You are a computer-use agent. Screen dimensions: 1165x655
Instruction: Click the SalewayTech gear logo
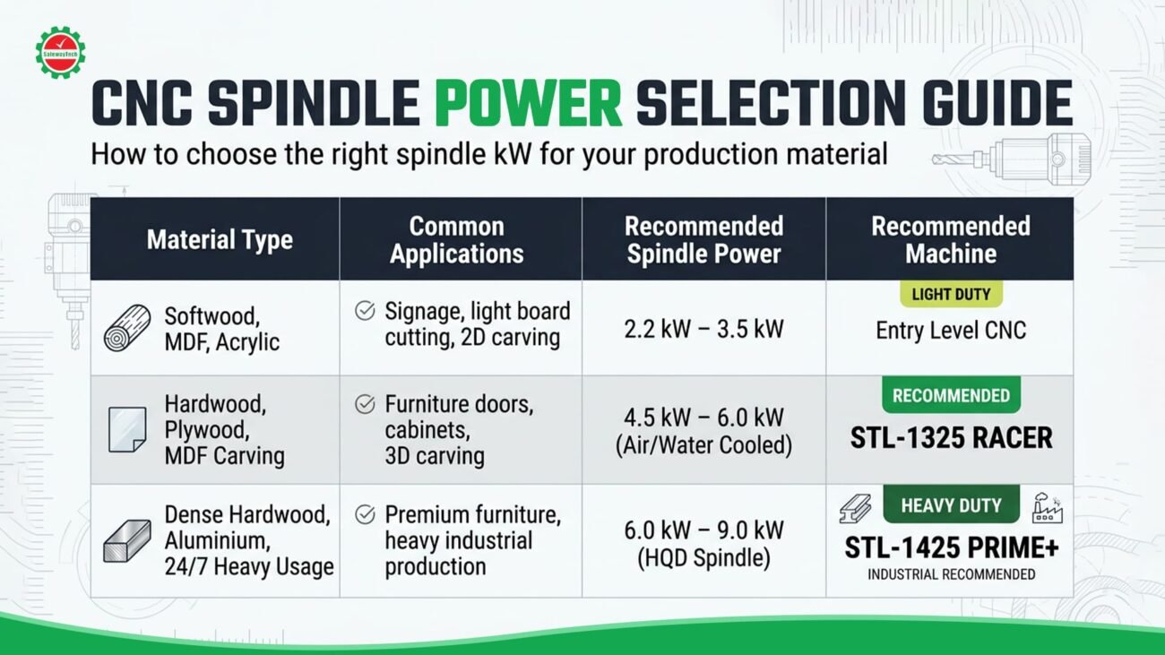point(60,53)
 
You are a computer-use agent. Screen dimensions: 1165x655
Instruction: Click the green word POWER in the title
point(529,103)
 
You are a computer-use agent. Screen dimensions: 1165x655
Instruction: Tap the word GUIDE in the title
point(997,103)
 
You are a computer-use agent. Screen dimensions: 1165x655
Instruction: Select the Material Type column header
point(220,239)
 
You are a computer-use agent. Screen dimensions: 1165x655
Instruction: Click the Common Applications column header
point(457,240)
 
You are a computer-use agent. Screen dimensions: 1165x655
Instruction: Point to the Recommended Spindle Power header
point(703,240)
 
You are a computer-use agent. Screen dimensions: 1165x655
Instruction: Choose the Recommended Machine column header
point(951,240)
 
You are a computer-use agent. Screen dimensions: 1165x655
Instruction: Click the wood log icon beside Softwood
point(127,328)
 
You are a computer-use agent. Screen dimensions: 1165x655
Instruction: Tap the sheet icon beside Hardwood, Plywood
point(127,429)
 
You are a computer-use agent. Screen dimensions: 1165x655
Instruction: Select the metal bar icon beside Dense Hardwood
point(127,541)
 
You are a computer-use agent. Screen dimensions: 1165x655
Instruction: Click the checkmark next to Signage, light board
point(365,311)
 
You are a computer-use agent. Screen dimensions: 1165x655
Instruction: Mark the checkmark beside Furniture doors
point(365,404)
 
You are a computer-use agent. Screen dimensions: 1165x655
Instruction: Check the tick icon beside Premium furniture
point(365,514)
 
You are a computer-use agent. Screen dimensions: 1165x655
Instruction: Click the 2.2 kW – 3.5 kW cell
point(703,329)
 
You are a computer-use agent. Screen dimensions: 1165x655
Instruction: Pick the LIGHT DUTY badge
point(951,294)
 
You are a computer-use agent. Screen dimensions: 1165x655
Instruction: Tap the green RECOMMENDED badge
point(951,395)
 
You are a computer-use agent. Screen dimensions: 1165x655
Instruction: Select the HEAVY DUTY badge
point(951,504)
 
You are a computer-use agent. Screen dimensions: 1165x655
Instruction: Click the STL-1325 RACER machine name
point(951,437)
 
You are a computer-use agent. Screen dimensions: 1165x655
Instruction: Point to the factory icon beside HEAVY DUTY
point(1047,508)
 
